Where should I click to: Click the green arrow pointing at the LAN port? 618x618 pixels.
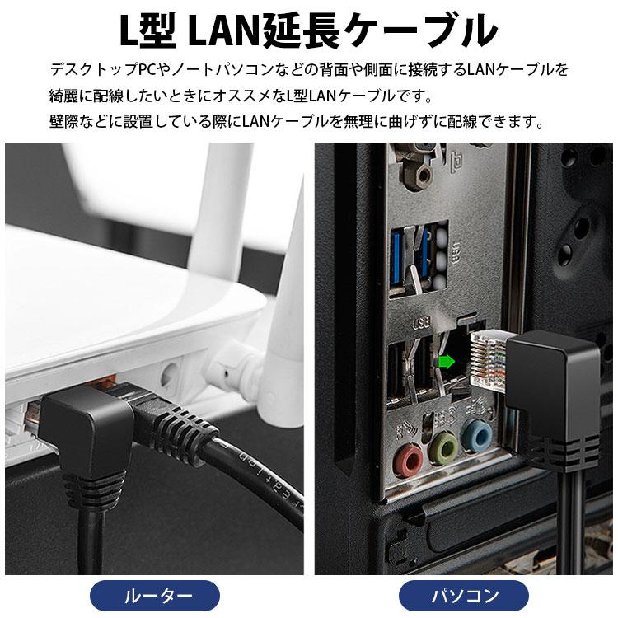click(x=447, y=360)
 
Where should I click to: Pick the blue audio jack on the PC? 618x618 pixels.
click(x=475, y=434)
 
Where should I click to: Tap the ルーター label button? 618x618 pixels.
click(x=157, y=594)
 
